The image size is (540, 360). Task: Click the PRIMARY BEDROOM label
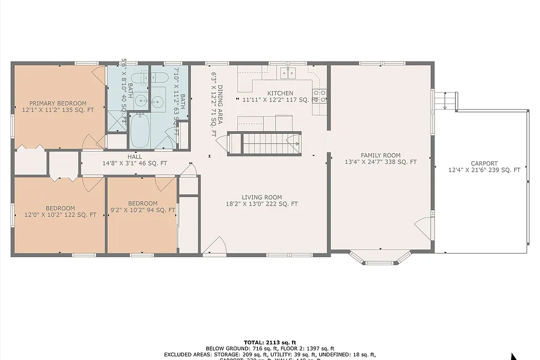[x=57, y=103]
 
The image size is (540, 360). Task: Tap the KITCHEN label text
[x=280, y=93]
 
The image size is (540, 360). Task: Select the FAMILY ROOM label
[x=380, y=155]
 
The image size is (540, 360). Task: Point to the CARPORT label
[x=484, y=163]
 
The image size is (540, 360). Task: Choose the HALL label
[x=134, y=157]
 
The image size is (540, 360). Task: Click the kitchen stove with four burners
[x=320, y=95]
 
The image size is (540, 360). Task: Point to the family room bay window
[x=380, y=257]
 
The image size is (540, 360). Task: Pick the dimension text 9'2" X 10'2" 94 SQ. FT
[x=142, y=210]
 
